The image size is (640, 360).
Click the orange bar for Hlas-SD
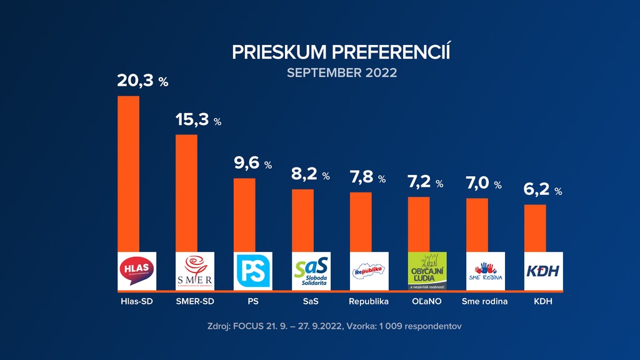pyautogui.click(x=129, y=174)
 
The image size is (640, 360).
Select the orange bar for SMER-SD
pyautogui.click(x=186, y=193)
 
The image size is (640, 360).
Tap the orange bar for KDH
pyautogui.click(x=535, y=228)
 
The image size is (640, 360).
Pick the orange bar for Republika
pyautogui.click(x=361, y=222)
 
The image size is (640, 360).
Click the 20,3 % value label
pyautogui.click(x=142, y=81)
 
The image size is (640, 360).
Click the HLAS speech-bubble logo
pyautogui.click(x=137, y=271)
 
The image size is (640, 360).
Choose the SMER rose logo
pyautogui.click(x=195, y=271)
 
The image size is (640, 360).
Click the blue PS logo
pyautogui.click(x=253, y=271)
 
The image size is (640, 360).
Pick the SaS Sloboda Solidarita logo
pyautogui.click(x=311, y=271)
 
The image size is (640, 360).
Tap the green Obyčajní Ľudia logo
pyautogui.click(x=427, y=271)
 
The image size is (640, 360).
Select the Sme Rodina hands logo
pyautogui.click(x=486, y=271)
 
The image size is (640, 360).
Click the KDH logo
pyautogui.click(x=543, y=271)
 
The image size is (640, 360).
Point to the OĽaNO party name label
pyautogui.click(x=427, y=301)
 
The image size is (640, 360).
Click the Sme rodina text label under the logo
pyautogui.click(x=484, y=301)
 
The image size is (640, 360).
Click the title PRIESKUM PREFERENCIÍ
pyautogui.click(x=341, y=52)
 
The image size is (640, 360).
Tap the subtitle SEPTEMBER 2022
pyautogui.click(x=342, y=72)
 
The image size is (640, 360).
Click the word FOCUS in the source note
pyautogui.click(x=254, y=326)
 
